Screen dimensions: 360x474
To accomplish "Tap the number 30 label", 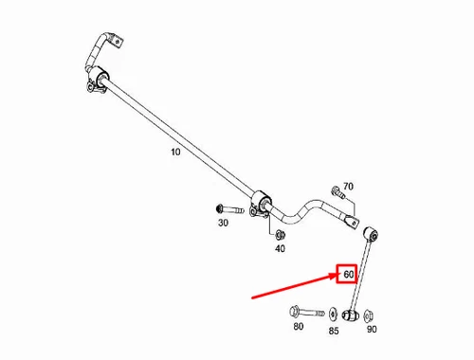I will click(x=223, y=224).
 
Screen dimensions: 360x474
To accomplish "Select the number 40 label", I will click(x=280, y=248).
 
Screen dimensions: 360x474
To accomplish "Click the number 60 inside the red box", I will click(x=348, y=276).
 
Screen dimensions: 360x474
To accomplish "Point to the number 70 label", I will click(x=348, y=187).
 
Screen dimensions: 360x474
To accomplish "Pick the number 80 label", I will click(x=299, y=327).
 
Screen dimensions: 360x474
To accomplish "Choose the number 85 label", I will click(x=334, y=332).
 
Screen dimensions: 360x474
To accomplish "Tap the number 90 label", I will click(x=371, y=329).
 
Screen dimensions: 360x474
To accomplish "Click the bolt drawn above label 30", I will click(x=228, y=208).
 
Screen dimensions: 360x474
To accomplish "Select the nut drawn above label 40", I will click(x=282, y=234).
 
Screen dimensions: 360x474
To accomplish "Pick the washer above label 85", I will click(x=333, y=314).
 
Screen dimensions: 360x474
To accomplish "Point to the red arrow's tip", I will click(x=336, y=276).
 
